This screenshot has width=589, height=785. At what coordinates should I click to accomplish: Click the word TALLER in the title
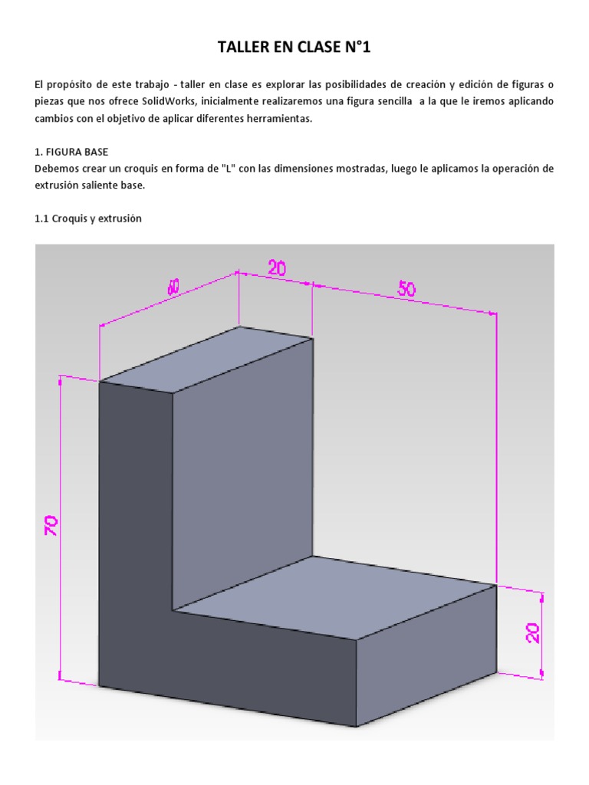coord(245,49)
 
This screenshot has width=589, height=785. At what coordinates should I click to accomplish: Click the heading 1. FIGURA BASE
coord(71,152)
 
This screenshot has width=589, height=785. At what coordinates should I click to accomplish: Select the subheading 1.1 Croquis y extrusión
coord(88,218)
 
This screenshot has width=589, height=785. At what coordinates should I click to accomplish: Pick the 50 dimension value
coord(407,289)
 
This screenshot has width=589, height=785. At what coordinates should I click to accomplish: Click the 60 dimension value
coord(174,287)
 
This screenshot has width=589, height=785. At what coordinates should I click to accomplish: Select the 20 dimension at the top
coord(277,268)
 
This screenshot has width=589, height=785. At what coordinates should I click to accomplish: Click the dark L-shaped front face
coord(138,552)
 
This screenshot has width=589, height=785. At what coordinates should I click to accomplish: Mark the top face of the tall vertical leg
coord(207,359)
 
